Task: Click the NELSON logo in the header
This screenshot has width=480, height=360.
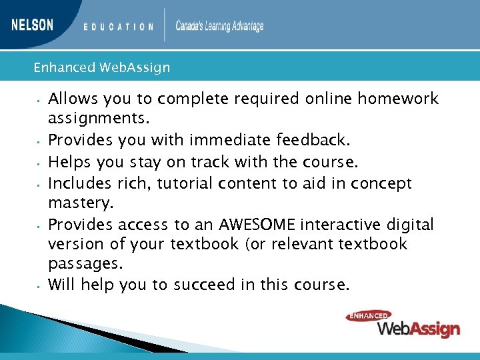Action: [x=32, y=25]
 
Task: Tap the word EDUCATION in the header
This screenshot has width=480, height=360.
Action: [x=119, y=27]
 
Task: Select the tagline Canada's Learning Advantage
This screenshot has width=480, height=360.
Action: [x=219, y=26]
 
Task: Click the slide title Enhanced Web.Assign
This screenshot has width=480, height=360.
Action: [x=101, y=67]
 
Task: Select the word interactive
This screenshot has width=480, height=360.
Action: [x=353, y=225]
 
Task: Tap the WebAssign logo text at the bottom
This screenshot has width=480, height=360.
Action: [x=418, y=328]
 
